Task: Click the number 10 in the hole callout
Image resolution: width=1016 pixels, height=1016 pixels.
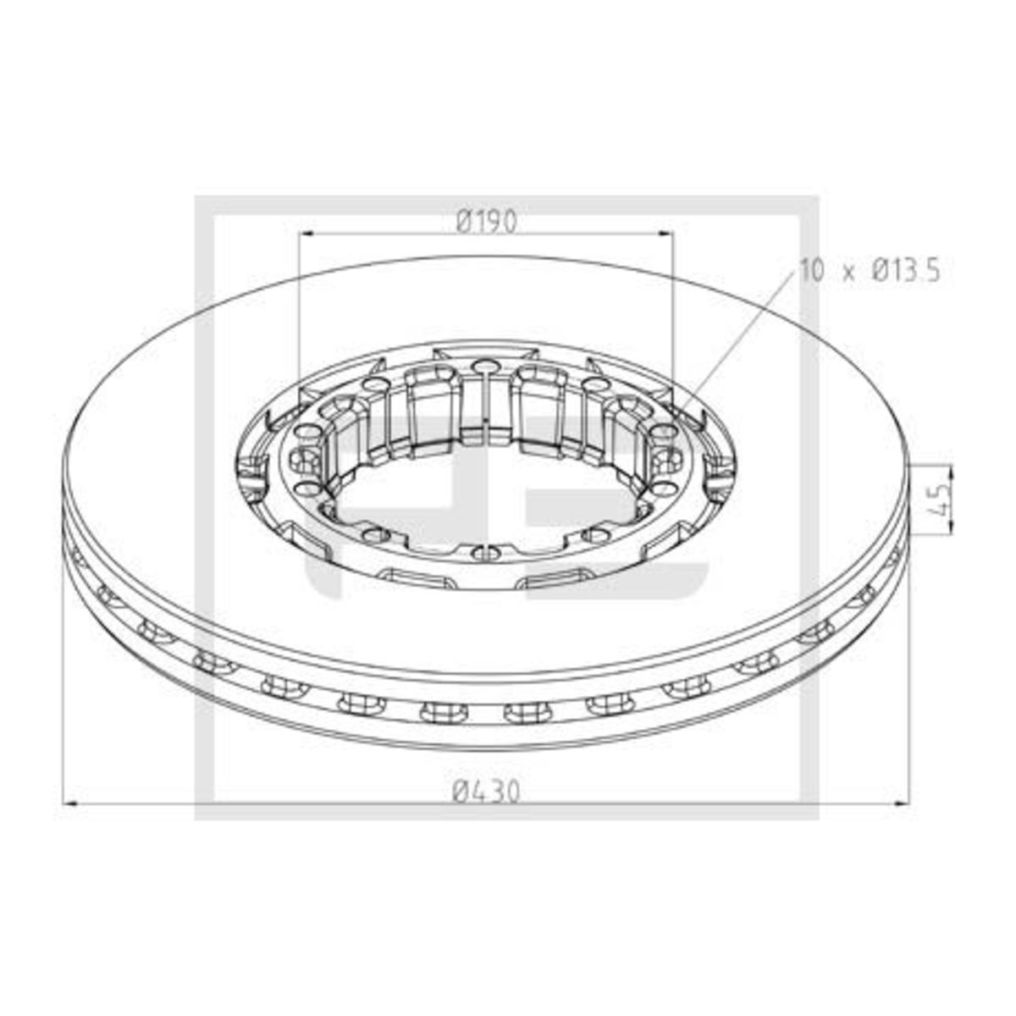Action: (x=811, y=270)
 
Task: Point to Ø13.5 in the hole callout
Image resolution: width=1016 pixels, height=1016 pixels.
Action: (x=906, y=270)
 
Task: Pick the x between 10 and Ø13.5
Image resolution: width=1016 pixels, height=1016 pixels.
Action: (x=848, y=273)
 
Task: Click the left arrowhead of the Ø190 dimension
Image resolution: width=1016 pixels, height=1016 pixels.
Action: (x=306, y=233)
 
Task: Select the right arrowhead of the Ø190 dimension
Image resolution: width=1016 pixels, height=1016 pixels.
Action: (x=666, y=233)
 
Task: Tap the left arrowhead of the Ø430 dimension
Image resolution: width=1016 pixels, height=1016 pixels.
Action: (x=71, y=819)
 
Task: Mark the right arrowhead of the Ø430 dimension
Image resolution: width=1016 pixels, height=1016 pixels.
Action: (x=903, y=819)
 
